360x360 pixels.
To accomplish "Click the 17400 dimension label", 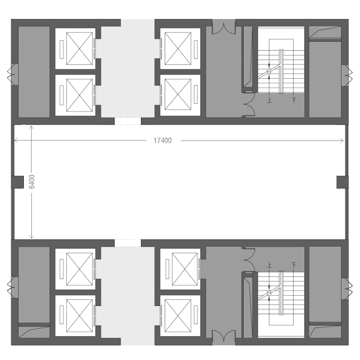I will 163,140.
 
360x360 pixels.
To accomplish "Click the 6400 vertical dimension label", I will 31,182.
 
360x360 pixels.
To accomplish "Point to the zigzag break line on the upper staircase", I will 269,73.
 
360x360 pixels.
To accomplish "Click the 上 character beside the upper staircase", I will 269,100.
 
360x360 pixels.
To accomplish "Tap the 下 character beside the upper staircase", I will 294,100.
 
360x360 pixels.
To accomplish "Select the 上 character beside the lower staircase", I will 269,265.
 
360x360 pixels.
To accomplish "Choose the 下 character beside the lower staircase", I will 294,265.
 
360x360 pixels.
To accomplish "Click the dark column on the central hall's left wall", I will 17,182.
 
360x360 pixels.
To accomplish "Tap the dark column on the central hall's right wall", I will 342,182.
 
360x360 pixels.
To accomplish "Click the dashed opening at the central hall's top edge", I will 127,121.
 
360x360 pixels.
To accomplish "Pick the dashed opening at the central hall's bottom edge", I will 127,243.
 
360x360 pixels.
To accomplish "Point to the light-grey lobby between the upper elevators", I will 127,69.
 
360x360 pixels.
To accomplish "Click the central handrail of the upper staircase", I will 281,70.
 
